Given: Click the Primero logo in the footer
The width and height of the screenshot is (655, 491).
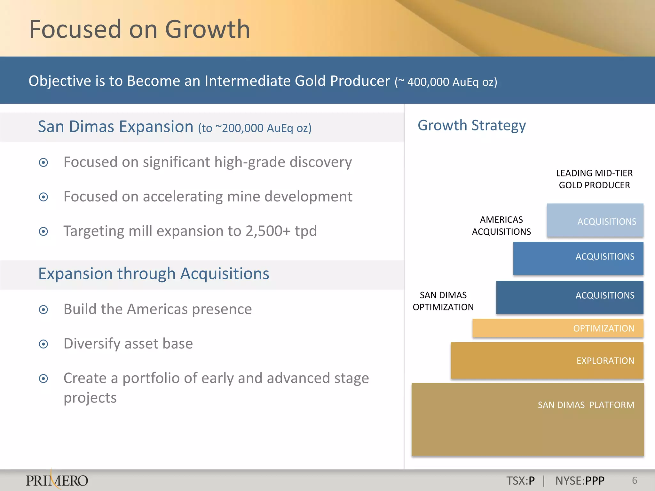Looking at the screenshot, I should pyautogui.click(x=57, y=480).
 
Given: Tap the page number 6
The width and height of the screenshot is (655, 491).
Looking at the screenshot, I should pyautogui.click(x=635, y=480).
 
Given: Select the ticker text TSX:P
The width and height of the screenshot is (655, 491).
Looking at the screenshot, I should pyautogui.click(x=520, y=481).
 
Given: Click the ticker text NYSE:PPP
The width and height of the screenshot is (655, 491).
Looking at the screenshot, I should pyautogui.click(x=580, y=481).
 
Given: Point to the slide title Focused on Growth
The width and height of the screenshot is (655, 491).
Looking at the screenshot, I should pyautogui.click(x=139, y=29).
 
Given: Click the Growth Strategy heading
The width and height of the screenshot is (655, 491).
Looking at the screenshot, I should pyautogui.click(x=471, y=125).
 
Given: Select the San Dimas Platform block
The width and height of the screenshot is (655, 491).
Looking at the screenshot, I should pyautogui.click(x=528, y=419).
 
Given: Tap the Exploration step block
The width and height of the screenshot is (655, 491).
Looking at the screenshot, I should pyautogui.click(x=547, y=361).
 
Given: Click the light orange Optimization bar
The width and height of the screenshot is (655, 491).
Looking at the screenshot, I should pyautogui.click(x=558, y=328).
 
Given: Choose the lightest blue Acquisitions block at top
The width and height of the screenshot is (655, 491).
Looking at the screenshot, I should pyautogui.click(x=595, y=221).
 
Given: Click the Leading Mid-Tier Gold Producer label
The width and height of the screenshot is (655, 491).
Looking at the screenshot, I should pyautogui.click(x=594, y=179).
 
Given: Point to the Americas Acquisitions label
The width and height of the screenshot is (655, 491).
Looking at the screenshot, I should pyautogui.click(x=501, y=226).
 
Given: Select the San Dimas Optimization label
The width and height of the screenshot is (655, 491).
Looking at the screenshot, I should pyautogui.click(x=443, y=301).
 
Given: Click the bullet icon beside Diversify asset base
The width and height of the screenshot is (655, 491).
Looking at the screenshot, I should pyautogui.click(x=43, y=344).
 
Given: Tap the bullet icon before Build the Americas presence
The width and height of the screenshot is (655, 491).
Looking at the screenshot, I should pyautogui.click(x=43, y=309).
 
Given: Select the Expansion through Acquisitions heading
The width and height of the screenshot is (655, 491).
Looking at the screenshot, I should pyautogui.click(x=154, y=274).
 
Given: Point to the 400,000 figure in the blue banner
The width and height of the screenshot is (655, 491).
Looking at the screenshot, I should pyautogui.click(x=428, y=82).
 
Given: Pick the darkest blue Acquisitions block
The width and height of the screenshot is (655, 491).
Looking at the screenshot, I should pyautogui.click(x=569, y=297).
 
